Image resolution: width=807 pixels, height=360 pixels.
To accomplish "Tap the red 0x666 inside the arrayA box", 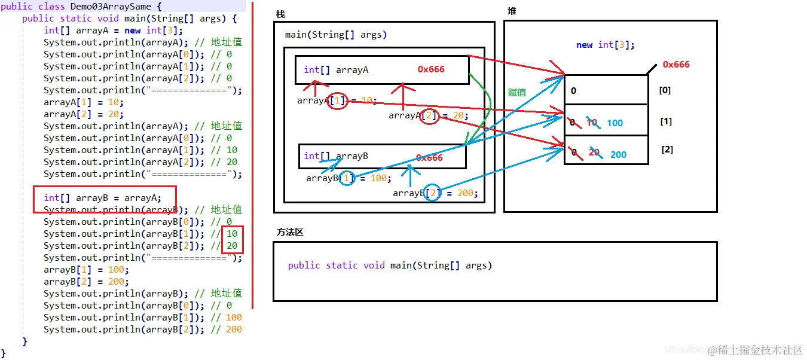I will [x=431, y=69].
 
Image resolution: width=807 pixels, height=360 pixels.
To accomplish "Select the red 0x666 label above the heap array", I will [x=676, y=65].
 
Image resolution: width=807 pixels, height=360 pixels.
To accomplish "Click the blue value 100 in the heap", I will [x=615, y=123].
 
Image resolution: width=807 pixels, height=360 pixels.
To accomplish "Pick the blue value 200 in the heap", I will [x=618, y=155].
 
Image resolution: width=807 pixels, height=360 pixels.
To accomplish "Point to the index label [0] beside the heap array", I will [x=664, y=90].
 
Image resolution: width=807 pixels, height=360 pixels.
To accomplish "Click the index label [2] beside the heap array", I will [x=667, y=149].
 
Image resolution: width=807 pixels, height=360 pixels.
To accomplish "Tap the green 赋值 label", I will [x=517, y=92].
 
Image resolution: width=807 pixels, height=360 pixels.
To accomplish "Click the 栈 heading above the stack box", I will [x=280, y=14].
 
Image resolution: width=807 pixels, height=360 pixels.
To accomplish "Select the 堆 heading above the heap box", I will [x=512, y=11].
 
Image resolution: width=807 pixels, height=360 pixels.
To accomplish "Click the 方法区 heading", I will [x=290, y=232].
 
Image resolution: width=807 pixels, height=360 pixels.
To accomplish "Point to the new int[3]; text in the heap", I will [x=606, y=45].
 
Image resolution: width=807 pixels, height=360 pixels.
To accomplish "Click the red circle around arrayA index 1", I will [x=338, y=100].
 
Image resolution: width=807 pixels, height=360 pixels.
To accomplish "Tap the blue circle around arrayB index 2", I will [x=432, y=193].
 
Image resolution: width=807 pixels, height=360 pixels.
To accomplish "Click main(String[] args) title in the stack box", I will [x=336, y=35].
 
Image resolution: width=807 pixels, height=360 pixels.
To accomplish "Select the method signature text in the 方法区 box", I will [x=390, y=266].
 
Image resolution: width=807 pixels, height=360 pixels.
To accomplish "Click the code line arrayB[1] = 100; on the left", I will [x=86, y=270].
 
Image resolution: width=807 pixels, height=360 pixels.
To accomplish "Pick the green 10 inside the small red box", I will [x=231, y=234].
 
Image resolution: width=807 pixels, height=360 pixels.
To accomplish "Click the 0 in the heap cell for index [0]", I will [x=574, y=91].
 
